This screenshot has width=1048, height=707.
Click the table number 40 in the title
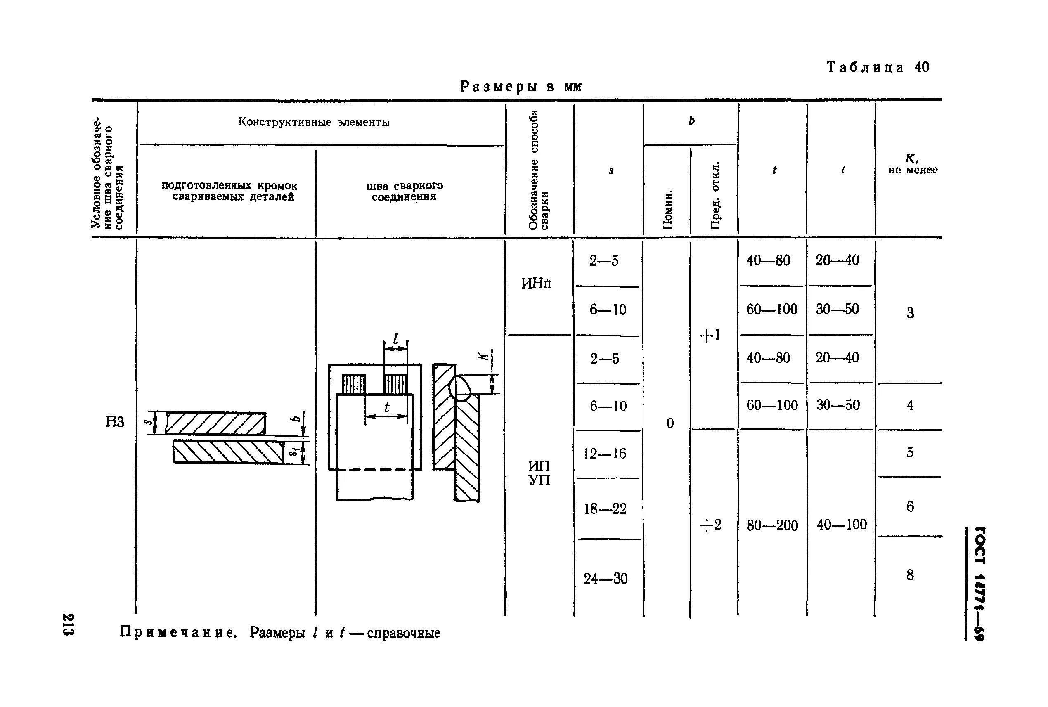coord(922,67)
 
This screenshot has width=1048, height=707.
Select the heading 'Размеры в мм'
coord(521,86)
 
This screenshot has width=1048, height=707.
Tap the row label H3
coord(114,421)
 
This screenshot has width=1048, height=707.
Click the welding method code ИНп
coord(536,284)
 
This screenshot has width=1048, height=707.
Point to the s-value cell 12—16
coord(605,453)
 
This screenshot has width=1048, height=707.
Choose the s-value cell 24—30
coord(606,578)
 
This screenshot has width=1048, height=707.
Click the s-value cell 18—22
coord(605,508)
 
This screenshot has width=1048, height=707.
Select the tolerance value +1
coord(710,335)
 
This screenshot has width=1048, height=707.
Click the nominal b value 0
coord(670,423)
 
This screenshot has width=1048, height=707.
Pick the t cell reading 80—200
coord(772,525)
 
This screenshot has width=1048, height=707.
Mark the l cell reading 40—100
coord(842,525)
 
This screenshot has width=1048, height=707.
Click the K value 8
coord(910,575)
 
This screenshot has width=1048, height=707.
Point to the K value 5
coord(910,452)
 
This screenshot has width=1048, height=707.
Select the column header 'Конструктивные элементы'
coord(314,122)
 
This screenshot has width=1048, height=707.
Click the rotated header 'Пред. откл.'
coord(715,195)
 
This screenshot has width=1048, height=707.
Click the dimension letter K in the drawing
coord(483,356)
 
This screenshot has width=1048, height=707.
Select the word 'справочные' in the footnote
coord(403,633)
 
